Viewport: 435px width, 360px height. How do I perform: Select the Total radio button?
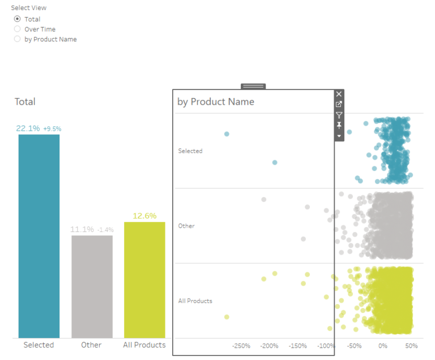[x=17, y=19]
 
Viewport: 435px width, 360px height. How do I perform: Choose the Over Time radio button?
[x=17, y=29]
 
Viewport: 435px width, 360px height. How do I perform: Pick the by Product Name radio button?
[x=17, y=39]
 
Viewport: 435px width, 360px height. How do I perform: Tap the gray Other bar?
[x=92, y=286]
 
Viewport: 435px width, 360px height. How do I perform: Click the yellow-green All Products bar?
[x=144, y=280]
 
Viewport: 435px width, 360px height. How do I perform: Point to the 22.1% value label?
[x=28, y=128]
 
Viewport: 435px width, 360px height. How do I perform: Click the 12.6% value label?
[x=144, y=216]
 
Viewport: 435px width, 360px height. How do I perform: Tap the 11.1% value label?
[x=82, y=229]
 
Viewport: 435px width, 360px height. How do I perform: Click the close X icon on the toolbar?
[x=339, y=94]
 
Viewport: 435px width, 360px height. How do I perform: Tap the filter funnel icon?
[x=339, y=115]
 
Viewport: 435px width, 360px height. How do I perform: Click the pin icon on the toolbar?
[x=339, y=125]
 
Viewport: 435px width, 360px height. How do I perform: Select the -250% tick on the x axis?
[x=242, y=346]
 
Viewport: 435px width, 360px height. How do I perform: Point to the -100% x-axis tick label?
[x=326, y=346]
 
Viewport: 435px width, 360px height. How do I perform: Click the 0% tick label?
[x=383, y=346]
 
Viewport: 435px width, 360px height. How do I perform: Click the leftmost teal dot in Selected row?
[x=227, y=134]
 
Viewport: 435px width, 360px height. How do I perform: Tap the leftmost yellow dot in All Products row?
[x=227, y=317]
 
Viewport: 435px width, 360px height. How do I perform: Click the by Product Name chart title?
[x=216, y=102]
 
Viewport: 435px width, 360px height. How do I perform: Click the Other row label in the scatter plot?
[x=186, y=226]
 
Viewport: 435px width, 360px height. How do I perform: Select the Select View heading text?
[x=29, y=8]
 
